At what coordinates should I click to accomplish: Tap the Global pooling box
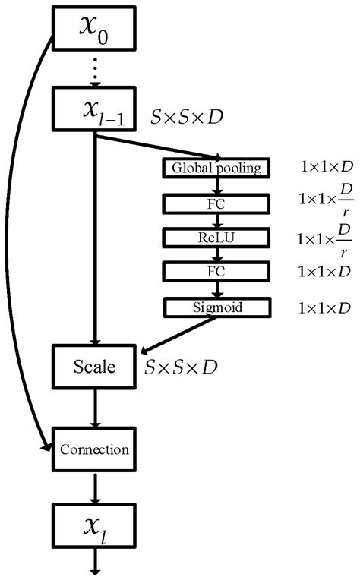(x=216, y=168)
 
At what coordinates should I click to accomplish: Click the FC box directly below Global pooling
(x=216, y=203)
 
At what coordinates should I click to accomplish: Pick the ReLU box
(x=216, y=238)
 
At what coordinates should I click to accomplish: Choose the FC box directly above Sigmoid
(x=216, y=272)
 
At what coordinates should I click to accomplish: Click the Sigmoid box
(x=216, y=307)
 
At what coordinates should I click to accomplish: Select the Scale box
(x=94, y=367)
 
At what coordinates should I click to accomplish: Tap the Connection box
(x=94, y=449)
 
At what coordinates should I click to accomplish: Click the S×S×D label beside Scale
(x=183, y=367)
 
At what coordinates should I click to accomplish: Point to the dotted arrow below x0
(x=94, y=71)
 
